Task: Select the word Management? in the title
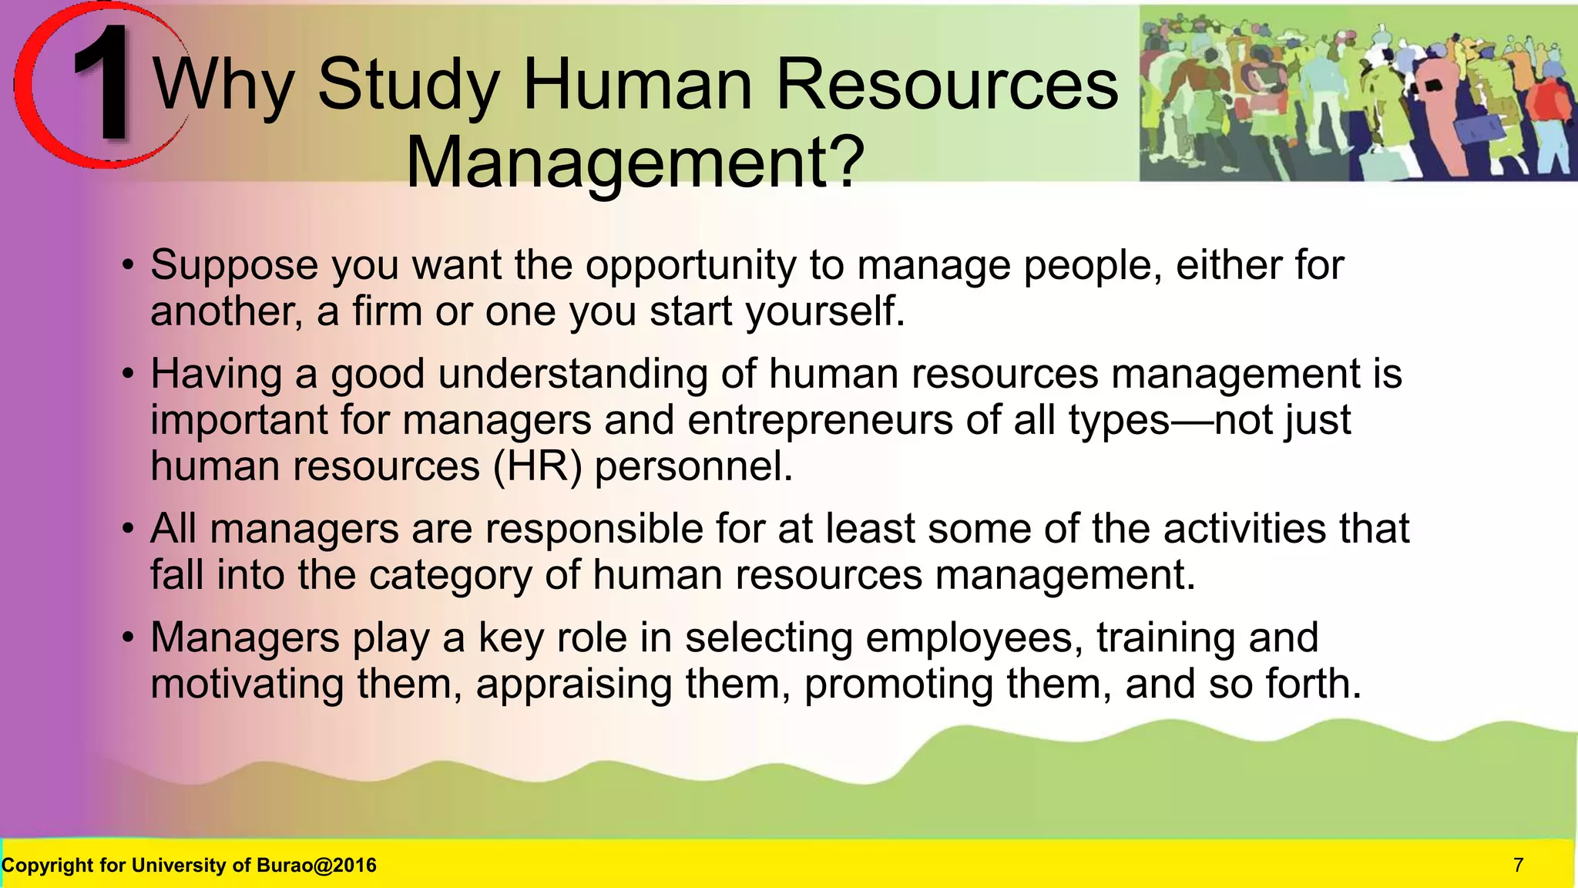tap(635, 163)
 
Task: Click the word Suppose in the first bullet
tap(234, 265)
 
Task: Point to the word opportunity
tap(690, 267)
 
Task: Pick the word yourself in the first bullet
tap(824, 312)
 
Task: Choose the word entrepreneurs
tap(820, 422)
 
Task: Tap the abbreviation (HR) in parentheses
tap(537, 466)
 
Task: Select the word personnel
tap(693, 467)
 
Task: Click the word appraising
tap(573, 684)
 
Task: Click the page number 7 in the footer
tap(1518, 866)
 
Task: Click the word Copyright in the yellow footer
tap(47, 866)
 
